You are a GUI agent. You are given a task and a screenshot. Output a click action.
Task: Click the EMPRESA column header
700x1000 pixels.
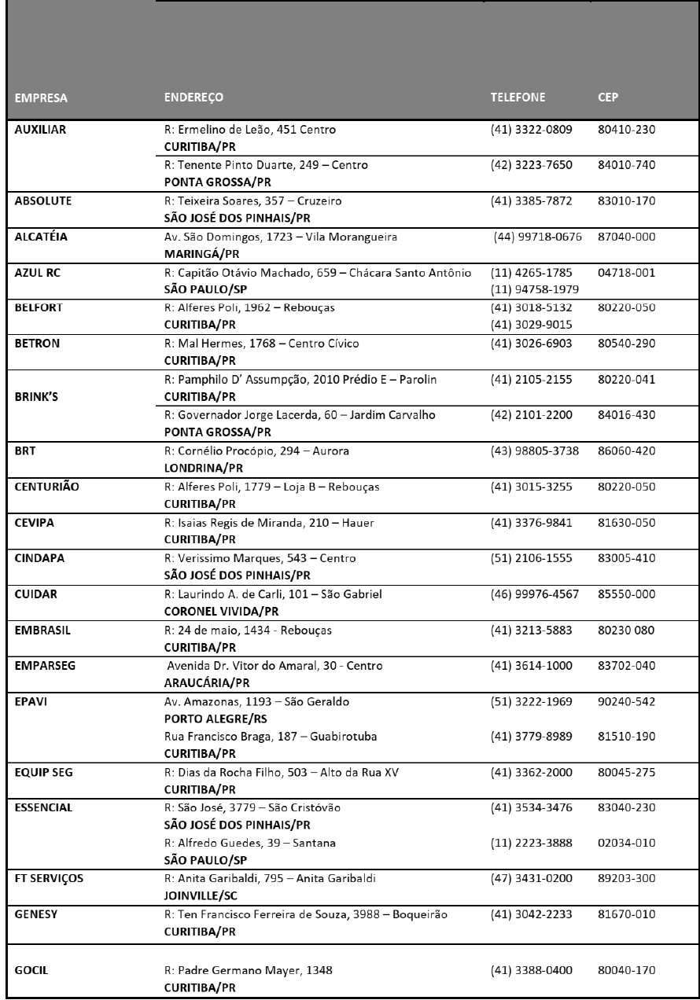40,99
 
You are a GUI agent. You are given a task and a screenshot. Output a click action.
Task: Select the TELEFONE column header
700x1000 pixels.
518,99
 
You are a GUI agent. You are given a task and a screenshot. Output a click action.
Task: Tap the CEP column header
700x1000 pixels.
609,99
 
